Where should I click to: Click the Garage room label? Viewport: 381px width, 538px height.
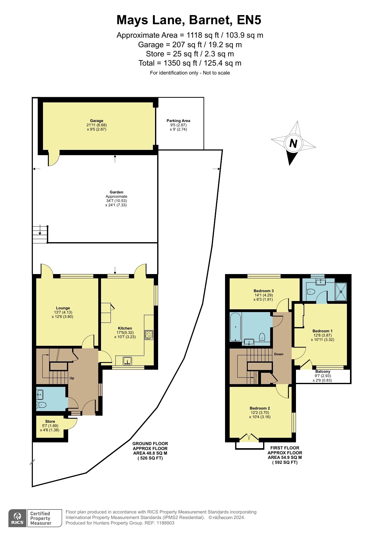pyautogui.click(x=96, y=121)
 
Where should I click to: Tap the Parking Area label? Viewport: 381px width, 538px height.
pyautogui.click(x=178, y=121)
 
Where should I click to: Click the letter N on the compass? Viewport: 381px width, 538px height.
pyautogui.click(x=294, y=143)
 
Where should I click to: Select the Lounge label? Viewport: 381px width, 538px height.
pyautogui.click(x=63, y=308)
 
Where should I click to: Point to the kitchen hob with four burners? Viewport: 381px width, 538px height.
pyautogui.click(x=149, y=335)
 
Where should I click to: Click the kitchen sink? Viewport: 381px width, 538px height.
pyautogui.click(x=127, y=361)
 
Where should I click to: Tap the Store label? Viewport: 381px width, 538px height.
pyautogui.click(x=50, y=422)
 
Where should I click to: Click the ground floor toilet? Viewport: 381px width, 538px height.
pyautogui.click(x=41, y=405)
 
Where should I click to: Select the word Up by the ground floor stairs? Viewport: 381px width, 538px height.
pyautogui.click(x=72, y=378)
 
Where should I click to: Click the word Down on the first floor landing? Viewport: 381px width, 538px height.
pyautogui.click(x=279, y=354)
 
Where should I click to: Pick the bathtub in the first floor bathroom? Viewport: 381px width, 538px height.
pyautogui.click(x=235, y=327)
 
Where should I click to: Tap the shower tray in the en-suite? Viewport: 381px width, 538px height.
pyautogui.click(x=341, y=292)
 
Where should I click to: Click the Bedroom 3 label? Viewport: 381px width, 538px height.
pyautogui.click(x=264, y=291)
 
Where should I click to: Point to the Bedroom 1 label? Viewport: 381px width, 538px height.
pyautogui.click(x=322, y=331)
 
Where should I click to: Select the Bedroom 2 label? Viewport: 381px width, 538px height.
pyautogui.click(x=260, y=408)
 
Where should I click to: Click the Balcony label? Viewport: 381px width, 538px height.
pyautogui.click(x=323, y=372)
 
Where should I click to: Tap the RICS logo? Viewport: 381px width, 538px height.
pyautogui.click(x=17, y=518)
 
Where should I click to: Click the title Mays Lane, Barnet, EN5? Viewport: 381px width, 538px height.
pyautogui.click(x=189, y=20)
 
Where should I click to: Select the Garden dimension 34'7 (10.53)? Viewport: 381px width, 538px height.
pyautogui.click(x=116, y=201)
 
